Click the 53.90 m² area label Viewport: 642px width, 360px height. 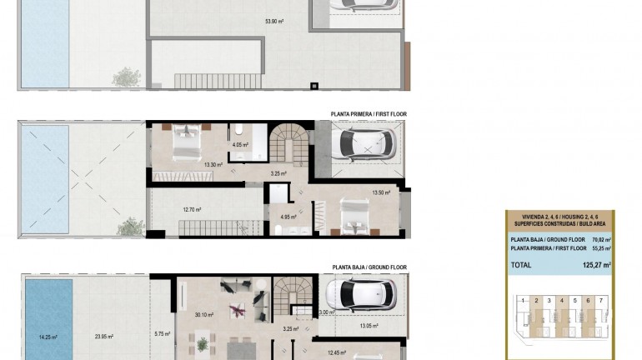click(x=274, y=22)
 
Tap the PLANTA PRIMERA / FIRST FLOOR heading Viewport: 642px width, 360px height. click(x=369, y=115)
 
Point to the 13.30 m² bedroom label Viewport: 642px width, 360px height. click(x=213, y=164)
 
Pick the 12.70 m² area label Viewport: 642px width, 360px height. click(x=193, y=210)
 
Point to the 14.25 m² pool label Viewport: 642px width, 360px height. click(x=48, y=337)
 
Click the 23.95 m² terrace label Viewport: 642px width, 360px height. click(x=104, y=337)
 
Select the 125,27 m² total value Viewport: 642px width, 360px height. click(x=595, y=265)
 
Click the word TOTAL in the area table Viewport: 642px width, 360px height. click(x=521, y=265)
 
